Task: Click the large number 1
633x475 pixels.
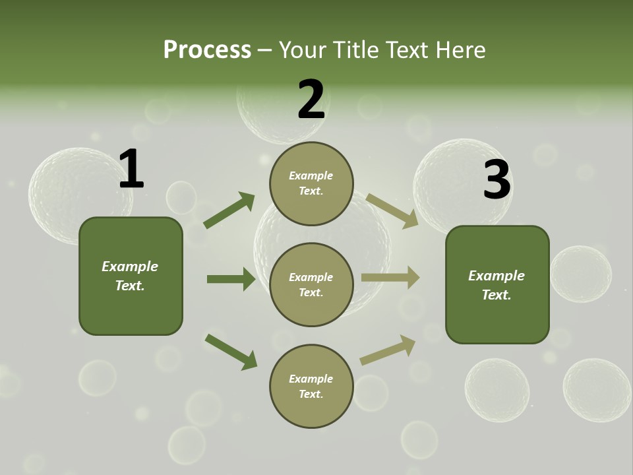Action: [x=131, y=170]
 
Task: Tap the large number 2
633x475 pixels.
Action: [x=311, y=100]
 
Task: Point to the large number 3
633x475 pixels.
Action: [x=497, y=180]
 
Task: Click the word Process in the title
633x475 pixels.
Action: [x=207, y=49]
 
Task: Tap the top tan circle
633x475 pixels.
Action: [x=311, y=183]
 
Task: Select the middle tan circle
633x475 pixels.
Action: [x=311, y=284]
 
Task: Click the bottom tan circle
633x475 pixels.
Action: [x=311, y=386]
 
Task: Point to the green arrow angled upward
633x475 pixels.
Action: [x=229, y=210]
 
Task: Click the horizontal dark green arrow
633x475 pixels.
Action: [x=231, y=279]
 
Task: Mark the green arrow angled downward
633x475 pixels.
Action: [x=231, y=352]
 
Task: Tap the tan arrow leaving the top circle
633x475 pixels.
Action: [x=392, y=210]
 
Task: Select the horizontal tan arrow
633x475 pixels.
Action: [x=390, y=277]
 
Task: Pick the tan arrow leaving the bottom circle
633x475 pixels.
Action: [x=388, y=350]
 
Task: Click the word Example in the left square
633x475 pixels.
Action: [x=130, y=267]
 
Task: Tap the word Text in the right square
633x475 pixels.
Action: [x=495, y=295]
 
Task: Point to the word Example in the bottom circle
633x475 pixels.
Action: [x=311, y=379]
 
